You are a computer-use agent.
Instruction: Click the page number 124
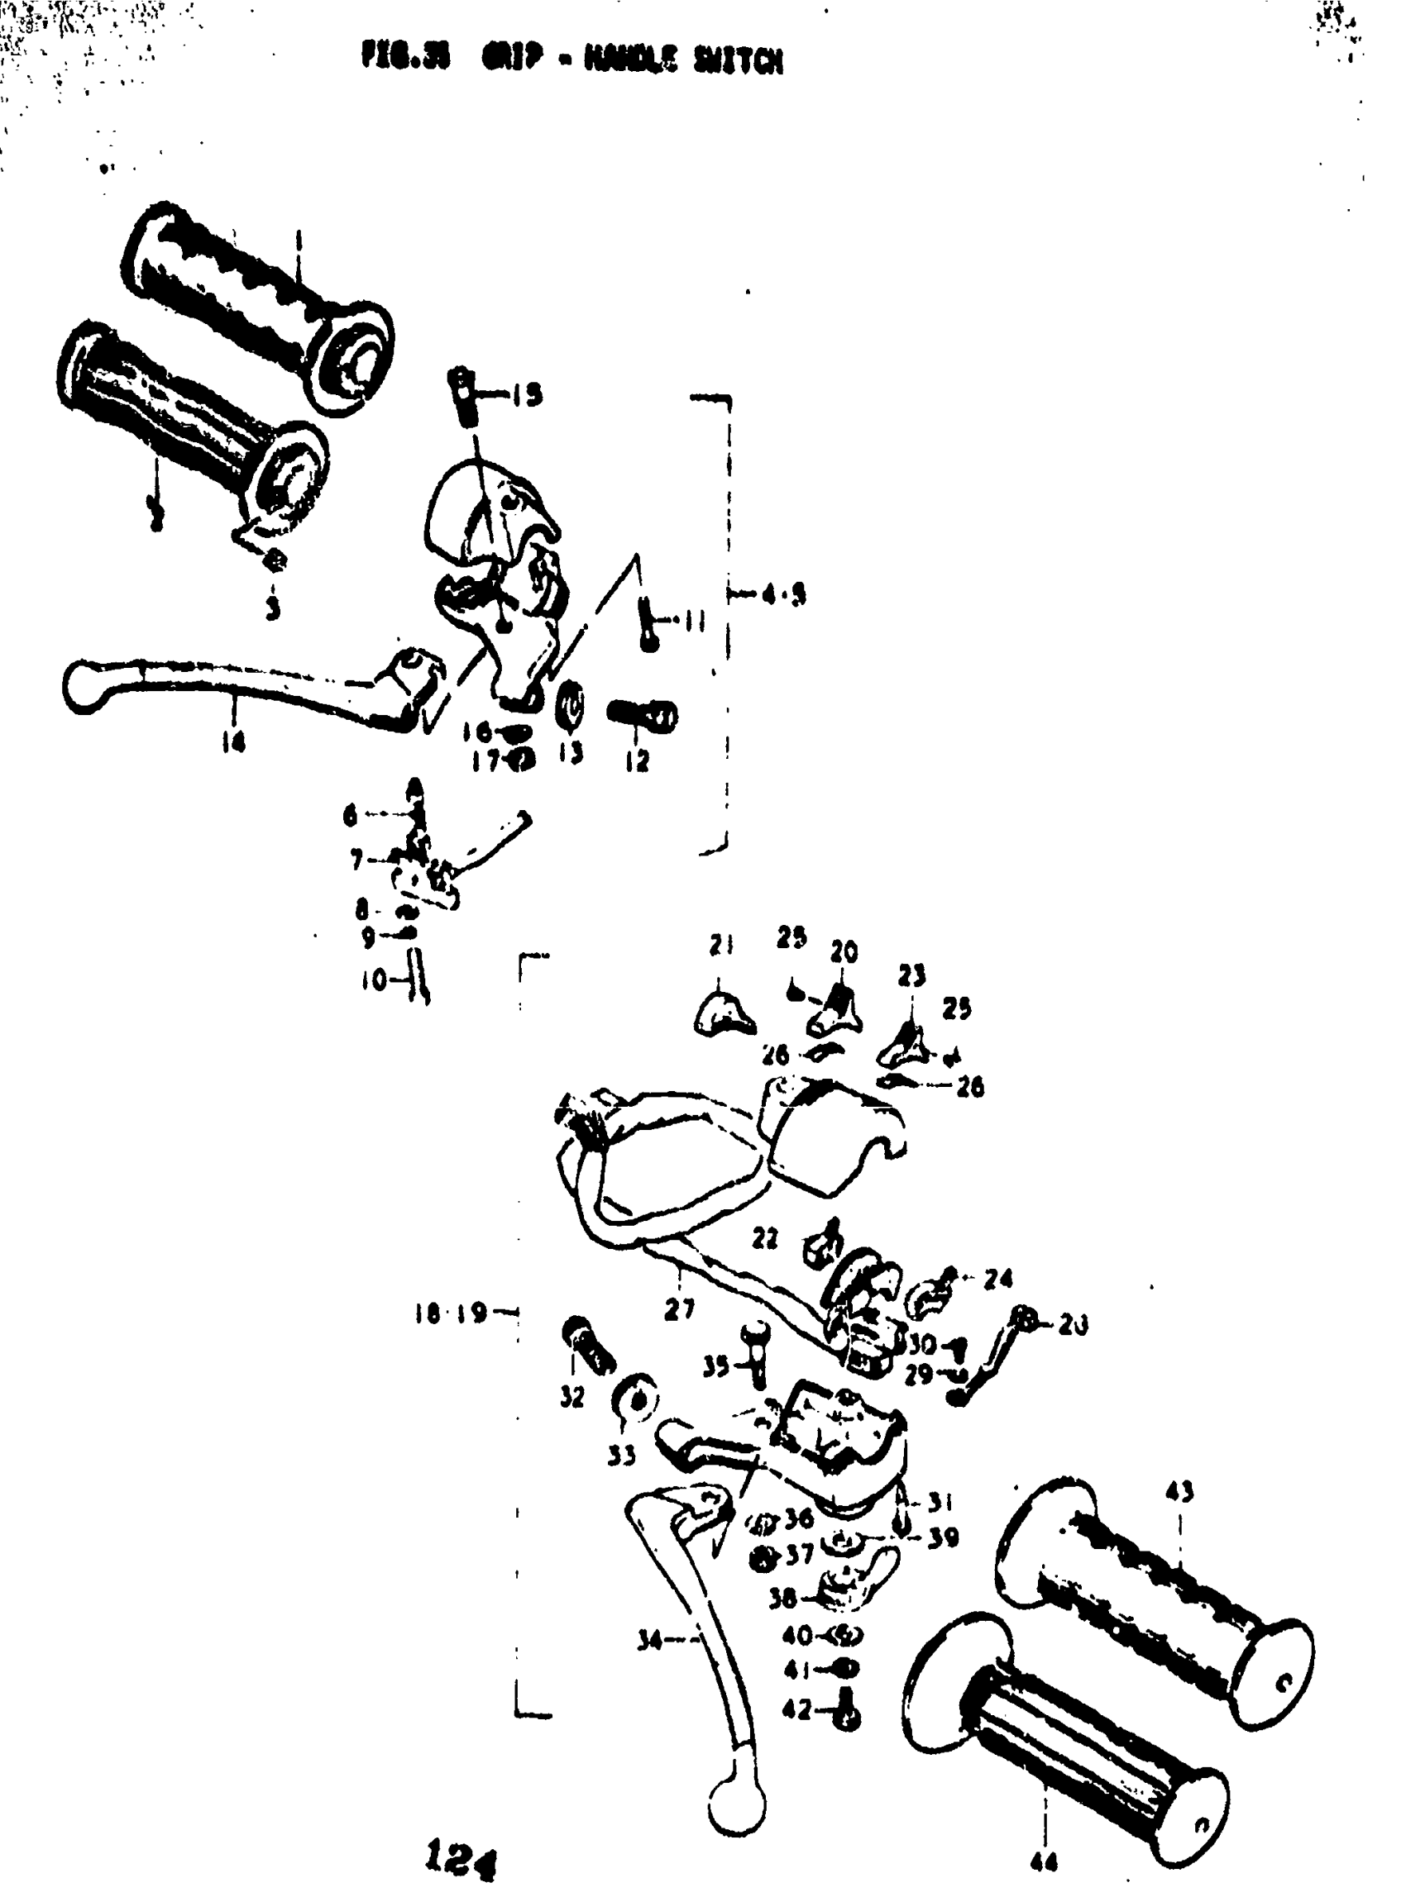coord(461,1858)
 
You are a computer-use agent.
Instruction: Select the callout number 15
coord(528,395)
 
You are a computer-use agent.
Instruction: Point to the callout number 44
coord(1044,1863)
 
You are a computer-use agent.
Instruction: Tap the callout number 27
coord(678,1310)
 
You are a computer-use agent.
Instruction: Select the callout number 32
coord(572,1397)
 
